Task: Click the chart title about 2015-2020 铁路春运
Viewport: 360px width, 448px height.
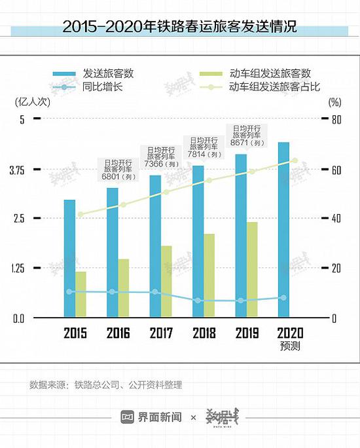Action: (179, 28)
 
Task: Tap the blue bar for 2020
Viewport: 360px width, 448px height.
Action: (284, 229)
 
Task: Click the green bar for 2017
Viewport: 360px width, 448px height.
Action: (166, 282)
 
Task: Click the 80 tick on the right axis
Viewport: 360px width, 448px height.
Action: (335, 120)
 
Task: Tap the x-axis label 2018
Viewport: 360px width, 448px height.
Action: (204, 333)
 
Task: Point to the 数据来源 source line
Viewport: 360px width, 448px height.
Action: (105, 385)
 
